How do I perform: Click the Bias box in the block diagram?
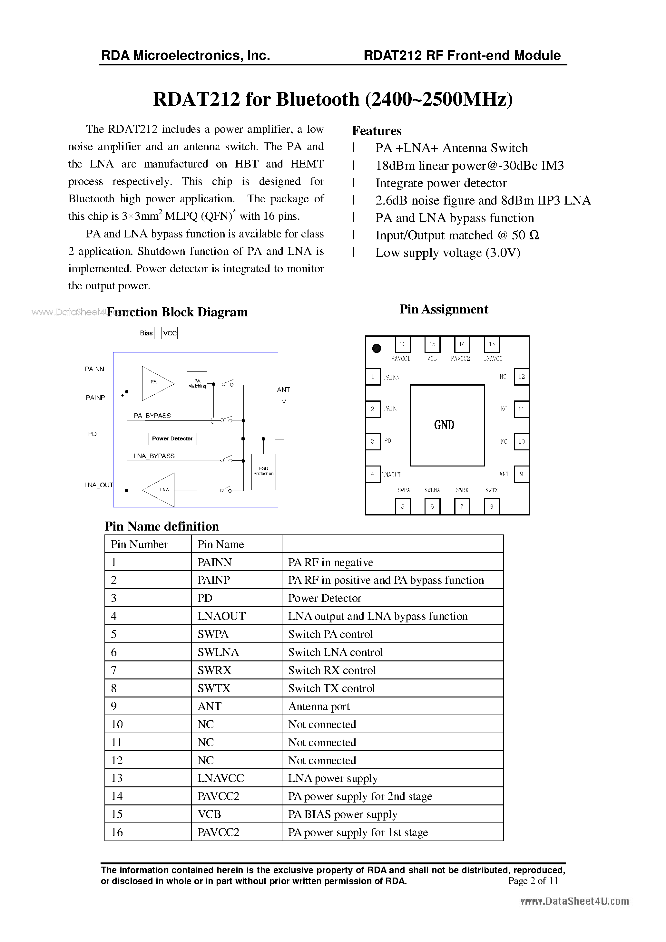coord(146,333)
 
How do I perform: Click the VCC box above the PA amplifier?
coord(170,333)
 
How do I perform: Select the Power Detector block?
coord(172,438)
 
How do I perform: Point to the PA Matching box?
coord(197,384)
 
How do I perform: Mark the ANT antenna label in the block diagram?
coord(284,389)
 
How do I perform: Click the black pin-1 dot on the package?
coord(377,348)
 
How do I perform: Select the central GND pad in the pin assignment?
coord(447,425)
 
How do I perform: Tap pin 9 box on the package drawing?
coord(521,474)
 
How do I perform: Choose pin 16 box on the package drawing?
coord(402,344)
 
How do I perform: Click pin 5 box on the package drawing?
coord(402,506)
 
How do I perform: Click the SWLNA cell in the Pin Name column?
coord(218,652)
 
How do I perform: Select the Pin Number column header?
coord(139,544)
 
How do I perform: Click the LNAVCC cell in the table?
coord(220,778)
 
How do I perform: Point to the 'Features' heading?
coord(377,131)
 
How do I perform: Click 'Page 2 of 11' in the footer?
coord(533,880)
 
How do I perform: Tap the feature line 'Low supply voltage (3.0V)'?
coord(447,253)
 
